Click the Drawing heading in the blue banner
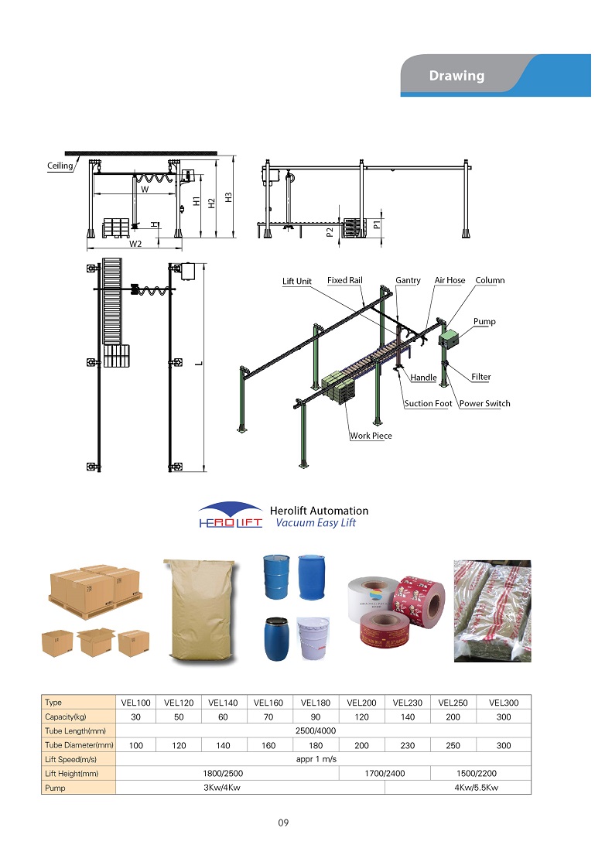point(456,76)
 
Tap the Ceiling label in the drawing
point(60,166)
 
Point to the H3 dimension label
point(228,197)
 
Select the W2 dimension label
point(135,244)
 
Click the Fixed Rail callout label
point(344,280)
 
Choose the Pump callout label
point(484,321)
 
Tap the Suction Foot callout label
point(428,404)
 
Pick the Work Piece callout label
point(371,436)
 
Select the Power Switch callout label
point(484,404)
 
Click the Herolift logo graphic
point(230,515)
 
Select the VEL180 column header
point(316,703)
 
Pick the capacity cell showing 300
point(504,717)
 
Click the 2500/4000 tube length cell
point(323,731)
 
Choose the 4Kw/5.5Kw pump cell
point(457,788)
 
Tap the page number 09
point(283,823)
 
